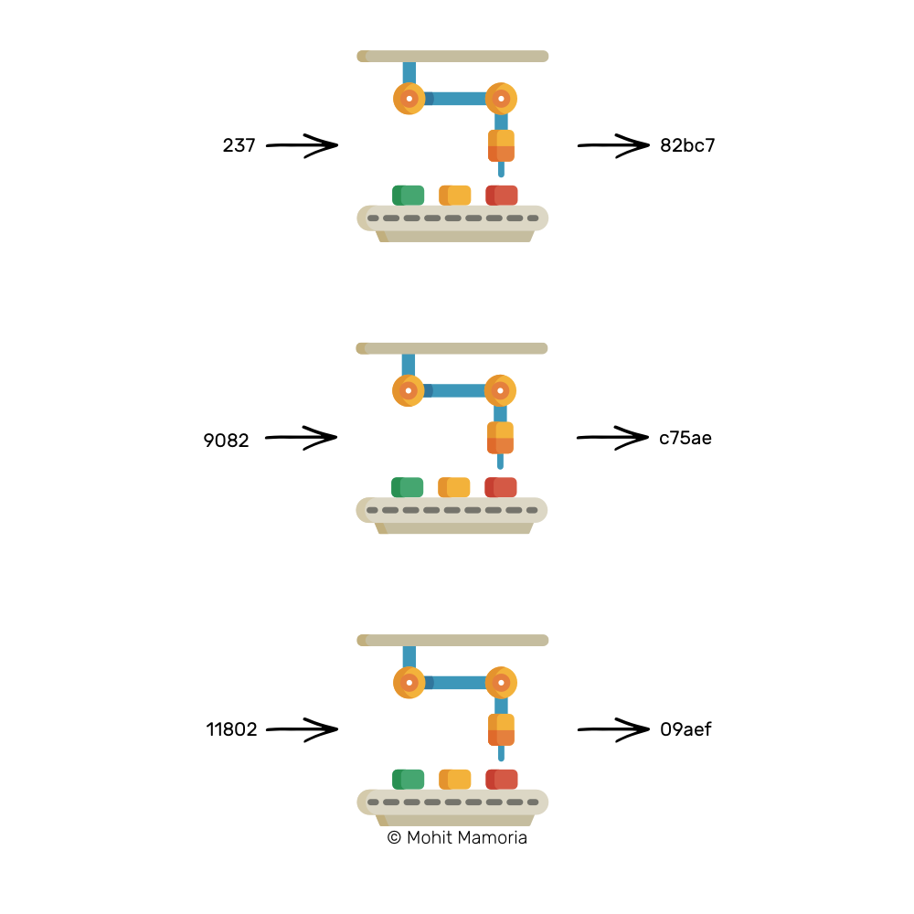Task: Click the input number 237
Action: (x=239, y=144)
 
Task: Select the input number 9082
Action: (x=226, y=441)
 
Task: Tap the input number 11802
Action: (x=231, y=729)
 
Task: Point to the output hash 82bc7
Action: (x=687, y=144)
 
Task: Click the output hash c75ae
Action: (x=685, y=438)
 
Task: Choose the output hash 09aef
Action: (x=685, y=729)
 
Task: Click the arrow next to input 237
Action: (x=302, y=144)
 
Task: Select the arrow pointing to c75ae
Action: (x=611, y=438)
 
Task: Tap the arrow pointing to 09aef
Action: (x=612, y=729)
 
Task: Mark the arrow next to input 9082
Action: (x=301, y=438)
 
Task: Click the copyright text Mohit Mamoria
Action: (x=457, y=837)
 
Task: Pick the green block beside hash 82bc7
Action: (x=408, y=195)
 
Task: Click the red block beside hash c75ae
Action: (x=500, y=487)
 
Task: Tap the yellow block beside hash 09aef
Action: (x=454, y=779)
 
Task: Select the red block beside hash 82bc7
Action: (x=501, y=195)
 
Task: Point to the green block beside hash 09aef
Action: (x=408, y=779)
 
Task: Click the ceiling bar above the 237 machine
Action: (x=452, y=56)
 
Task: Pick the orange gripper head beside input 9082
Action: (x=500, y=438)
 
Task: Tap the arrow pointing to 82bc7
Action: (x=612, y=144)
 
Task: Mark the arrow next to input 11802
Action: (x=302, y=729)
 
